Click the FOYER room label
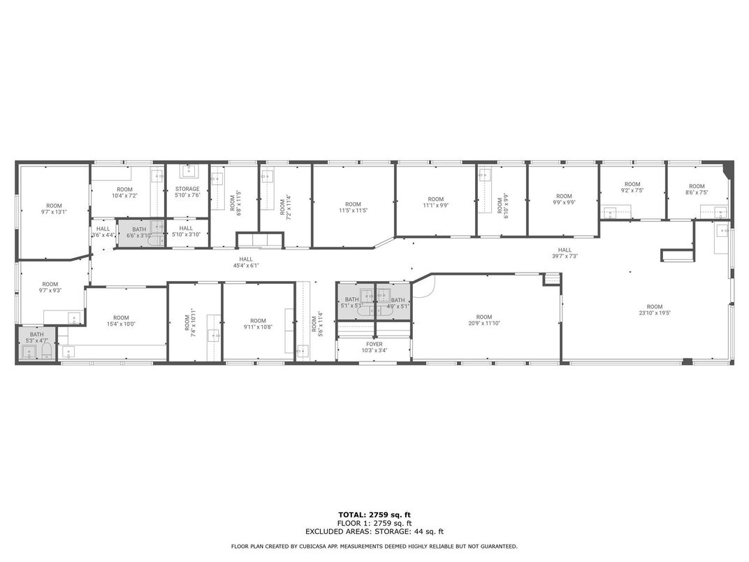374,347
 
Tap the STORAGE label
187,192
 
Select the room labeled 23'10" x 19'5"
654,310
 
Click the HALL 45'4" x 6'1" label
246,262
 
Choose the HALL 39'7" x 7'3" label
565,253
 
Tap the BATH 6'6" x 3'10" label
139,233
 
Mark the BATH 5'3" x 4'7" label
36,338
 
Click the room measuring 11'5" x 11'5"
353,207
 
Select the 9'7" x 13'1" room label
54,209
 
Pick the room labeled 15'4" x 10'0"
121,321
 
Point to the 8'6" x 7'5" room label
697,189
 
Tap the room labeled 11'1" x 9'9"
436,203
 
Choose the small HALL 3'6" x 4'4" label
103,232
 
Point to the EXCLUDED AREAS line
374,531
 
